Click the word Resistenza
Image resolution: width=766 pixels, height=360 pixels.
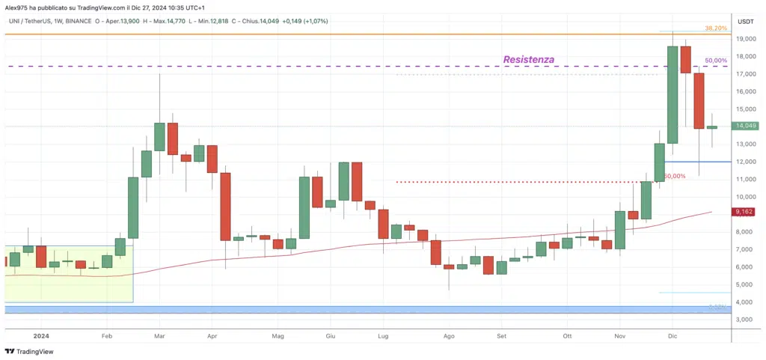click(529, 59)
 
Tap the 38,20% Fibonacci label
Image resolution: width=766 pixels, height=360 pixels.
click(716, 28)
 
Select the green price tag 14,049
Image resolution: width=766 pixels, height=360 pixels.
click(745, 126)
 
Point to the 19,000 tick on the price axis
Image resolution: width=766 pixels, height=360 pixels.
click(745, 39)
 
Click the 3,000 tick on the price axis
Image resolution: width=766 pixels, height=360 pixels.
click(745, 320)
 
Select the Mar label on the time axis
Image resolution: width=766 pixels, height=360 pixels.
click(160, 337)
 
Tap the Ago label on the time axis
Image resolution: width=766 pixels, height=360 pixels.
click(448, 337)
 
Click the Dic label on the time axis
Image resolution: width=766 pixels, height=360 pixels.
click(672, 337)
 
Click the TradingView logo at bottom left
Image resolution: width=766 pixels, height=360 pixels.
click(29, 351)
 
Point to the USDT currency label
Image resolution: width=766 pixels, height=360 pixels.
click(745, 22)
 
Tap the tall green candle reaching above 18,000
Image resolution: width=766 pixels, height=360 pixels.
click(672, 94)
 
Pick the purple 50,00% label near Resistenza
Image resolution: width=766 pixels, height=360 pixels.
click(716, 61)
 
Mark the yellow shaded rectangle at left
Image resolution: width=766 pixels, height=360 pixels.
click(68, 273)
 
